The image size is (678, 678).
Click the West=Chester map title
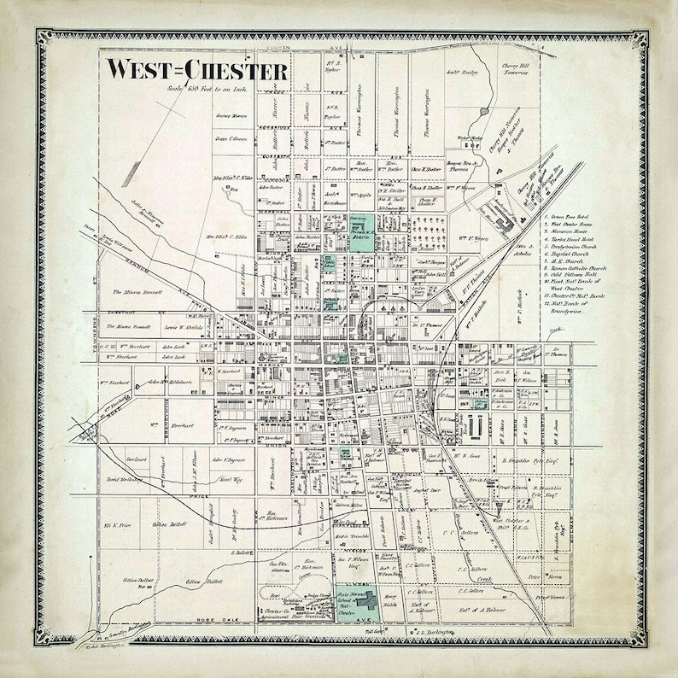point(196,69)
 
